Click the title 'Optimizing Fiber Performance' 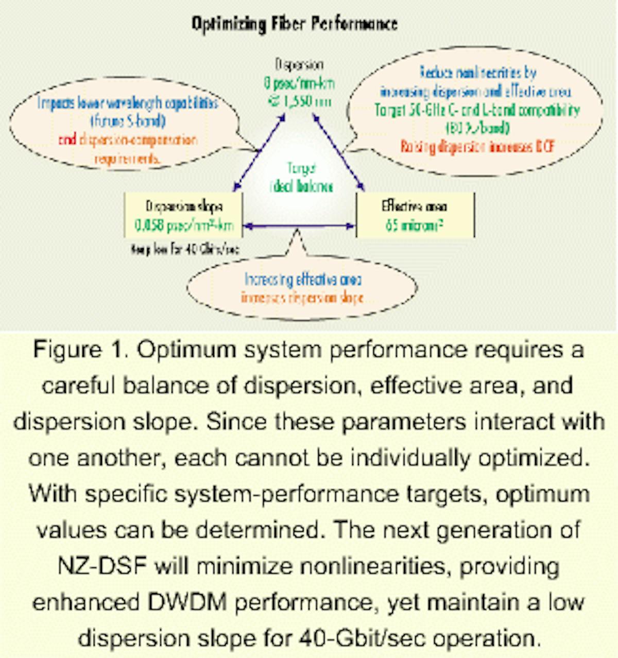[295, 24]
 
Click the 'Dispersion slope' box [183, 215]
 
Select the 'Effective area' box [415, 215]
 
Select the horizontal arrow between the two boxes [299, 226]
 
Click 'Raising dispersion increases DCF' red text [477, 147]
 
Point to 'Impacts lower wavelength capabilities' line [127, 103]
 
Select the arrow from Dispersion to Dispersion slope [259, 153]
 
